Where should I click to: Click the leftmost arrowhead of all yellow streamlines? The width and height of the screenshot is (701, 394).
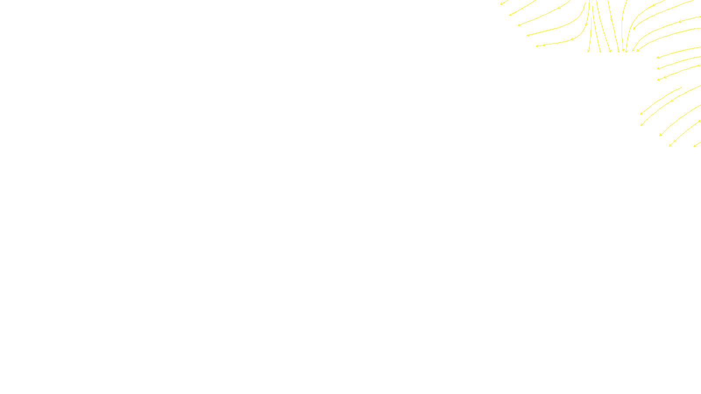click(501, 4)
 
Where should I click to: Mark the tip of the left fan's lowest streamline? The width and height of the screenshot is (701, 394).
click(536, 46)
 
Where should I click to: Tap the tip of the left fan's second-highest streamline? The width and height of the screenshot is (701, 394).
click(510, 15)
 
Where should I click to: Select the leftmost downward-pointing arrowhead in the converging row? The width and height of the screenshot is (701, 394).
click(588, 52)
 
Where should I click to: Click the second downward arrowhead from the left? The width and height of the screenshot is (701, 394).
click(600, 52)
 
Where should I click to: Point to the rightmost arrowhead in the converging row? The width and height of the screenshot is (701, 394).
click(637, 51)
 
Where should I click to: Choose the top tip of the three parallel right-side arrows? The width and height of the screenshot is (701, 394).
click(657, 58)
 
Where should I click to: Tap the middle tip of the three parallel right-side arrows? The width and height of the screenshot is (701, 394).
click(658, 69)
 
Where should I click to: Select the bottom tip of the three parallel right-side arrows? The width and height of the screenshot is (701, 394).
click(658, 80)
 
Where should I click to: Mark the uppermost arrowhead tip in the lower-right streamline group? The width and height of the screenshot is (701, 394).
click(641, 114)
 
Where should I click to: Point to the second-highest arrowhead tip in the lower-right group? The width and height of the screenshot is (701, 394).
click(641, 125)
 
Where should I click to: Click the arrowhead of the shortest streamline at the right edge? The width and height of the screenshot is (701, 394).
click(694, 146)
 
